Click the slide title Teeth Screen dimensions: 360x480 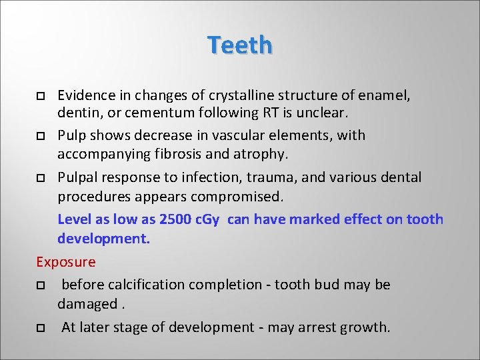coord(239,45)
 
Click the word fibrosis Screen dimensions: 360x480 coord(181,154)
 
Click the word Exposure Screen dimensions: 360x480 coord(66,262)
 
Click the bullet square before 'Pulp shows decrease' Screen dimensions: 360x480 coord(41,136)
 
